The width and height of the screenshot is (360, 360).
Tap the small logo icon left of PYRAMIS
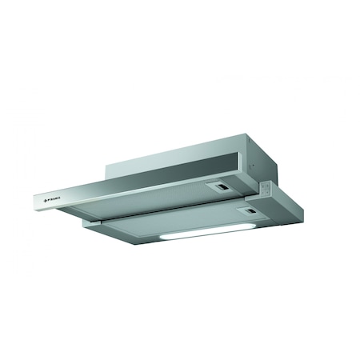(x=43, y=197)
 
